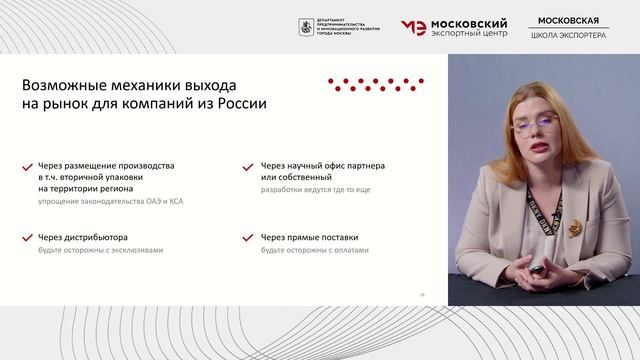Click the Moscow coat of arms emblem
[304, 27]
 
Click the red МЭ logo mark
[413, 27]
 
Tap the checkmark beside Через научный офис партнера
[248, 166]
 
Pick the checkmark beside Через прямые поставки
[248, 238]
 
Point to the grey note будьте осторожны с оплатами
[315, 250]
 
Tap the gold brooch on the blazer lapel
[574, 228]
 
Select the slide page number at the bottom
[422, 294]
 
